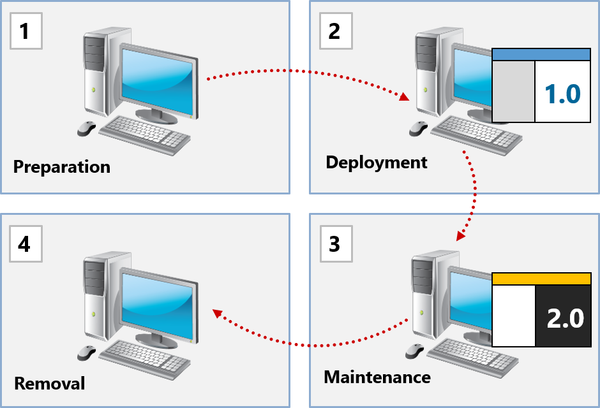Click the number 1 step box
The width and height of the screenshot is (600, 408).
coord(26,31)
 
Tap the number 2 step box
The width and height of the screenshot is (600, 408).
coord(336,31)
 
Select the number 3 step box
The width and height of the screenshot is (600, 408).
coord(336,244)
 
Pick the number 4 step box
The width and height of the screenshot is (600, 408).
coord(26,244)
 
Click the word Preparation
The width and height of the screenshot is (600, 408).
coord(62,167)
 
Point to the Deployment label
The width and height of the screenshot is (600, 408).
coord(376,163)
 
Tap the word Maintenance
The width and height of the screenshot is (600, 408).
coord(377,377)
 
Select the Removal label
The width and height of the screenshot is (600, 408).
coord(49,384)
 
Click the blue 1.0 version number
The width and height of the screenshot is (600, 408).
coord(562,94)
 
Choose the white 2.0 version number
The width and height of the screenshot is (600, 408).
coord(565,318)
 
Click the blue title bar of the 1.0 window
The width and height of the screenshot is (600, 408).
coord(541,54)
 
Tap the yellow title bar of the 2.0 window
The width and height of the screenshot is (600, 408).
coord(541,279)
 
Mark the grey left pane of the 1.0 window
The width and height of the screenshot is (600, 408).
coord(513,91)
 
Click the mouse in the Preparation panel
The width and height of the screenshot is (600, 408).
coord(87,128)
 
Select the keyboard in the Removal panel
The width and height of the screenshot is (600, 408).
coord(145,360)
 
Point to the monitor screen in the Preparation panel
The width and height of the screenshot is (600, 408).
coord(157,81)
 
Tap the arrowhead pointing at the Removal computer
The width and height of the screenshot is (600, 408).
coord(218,314)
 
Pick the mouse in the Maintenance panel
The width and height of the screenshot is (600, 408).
coord(415,351)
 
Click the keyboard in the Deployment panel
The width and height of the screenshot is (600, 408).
coord(476,135)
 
